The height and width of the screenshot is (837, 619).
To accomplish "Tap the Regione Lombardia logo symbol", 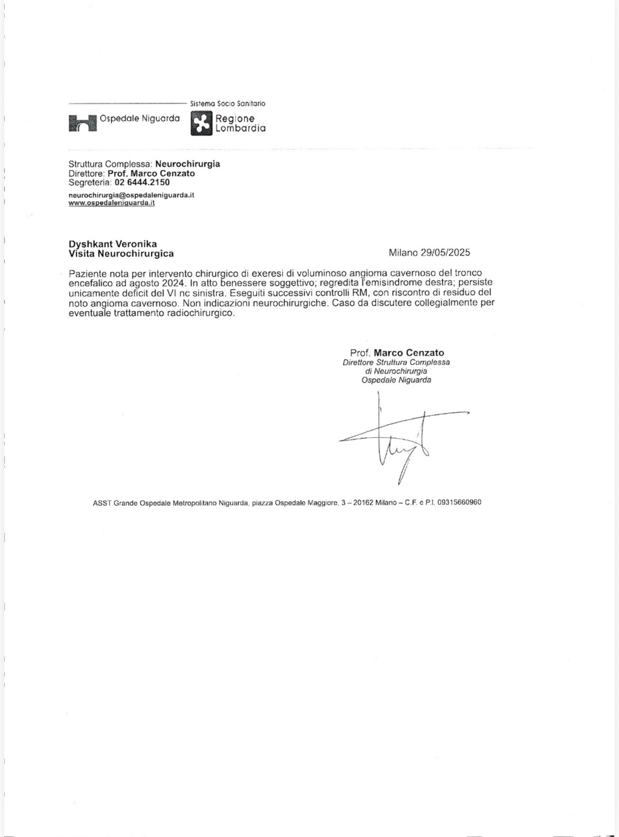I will tap(201, 123).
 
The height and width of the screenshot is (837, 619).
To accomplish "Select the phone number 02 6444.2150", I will tap(142, 182).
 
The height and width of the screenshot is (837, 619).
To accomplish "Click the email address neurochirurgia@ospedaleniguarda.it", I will tap(131, 195).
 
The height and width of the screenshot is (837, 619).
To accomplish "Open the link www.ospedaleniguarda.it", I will tap(112, 203).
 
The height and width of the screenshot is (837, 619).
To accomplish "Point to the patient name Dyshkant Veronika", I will tap(113, 244).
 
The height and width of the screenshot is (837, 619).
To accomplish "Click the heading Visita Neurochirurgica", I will tap(121, 254).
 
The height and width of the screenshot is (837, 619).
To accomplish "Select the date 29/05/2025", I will tap(445, 253).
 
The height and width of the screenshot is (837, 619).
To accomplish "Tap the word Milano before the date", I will tap(404, 253).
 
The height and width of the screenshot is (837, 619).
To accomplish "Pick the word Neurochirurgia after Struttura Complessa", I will tap(187, 164).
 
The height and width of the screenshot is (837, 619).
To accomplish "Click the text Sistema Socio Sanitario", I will tap(227, 104).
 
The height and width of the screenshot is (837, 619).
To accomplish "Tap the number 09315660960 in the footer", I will tap(459, 502).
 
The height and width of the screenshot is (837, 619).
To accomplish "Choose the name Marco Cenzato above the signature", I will tap(409, 353).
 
